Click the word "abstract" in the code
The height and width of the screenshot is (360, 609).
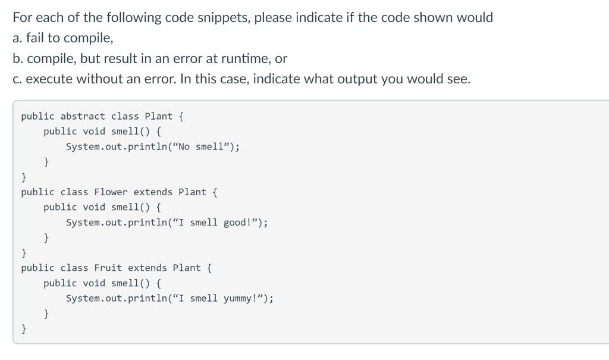click(83, 116)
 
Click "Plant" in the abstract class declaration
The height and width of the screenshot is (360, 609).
click(159, 116)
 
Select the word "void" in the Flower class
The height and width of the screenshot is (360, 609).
click(94, 207)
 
